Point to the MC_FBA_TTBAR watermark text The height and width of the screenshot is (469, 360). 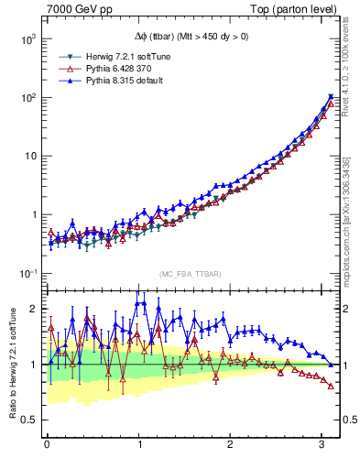pyautogui.click(x=190, y=275)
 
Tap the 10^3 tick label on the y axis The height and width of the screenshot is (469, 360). pyautogui.click(x=27, y=38)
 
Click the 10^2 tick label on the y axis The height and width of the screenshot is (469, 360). pyautogui.click(x=27, y=97)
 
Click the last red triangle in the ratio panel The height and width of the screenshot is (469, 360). pyautogui.click(x=331, y=386)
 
